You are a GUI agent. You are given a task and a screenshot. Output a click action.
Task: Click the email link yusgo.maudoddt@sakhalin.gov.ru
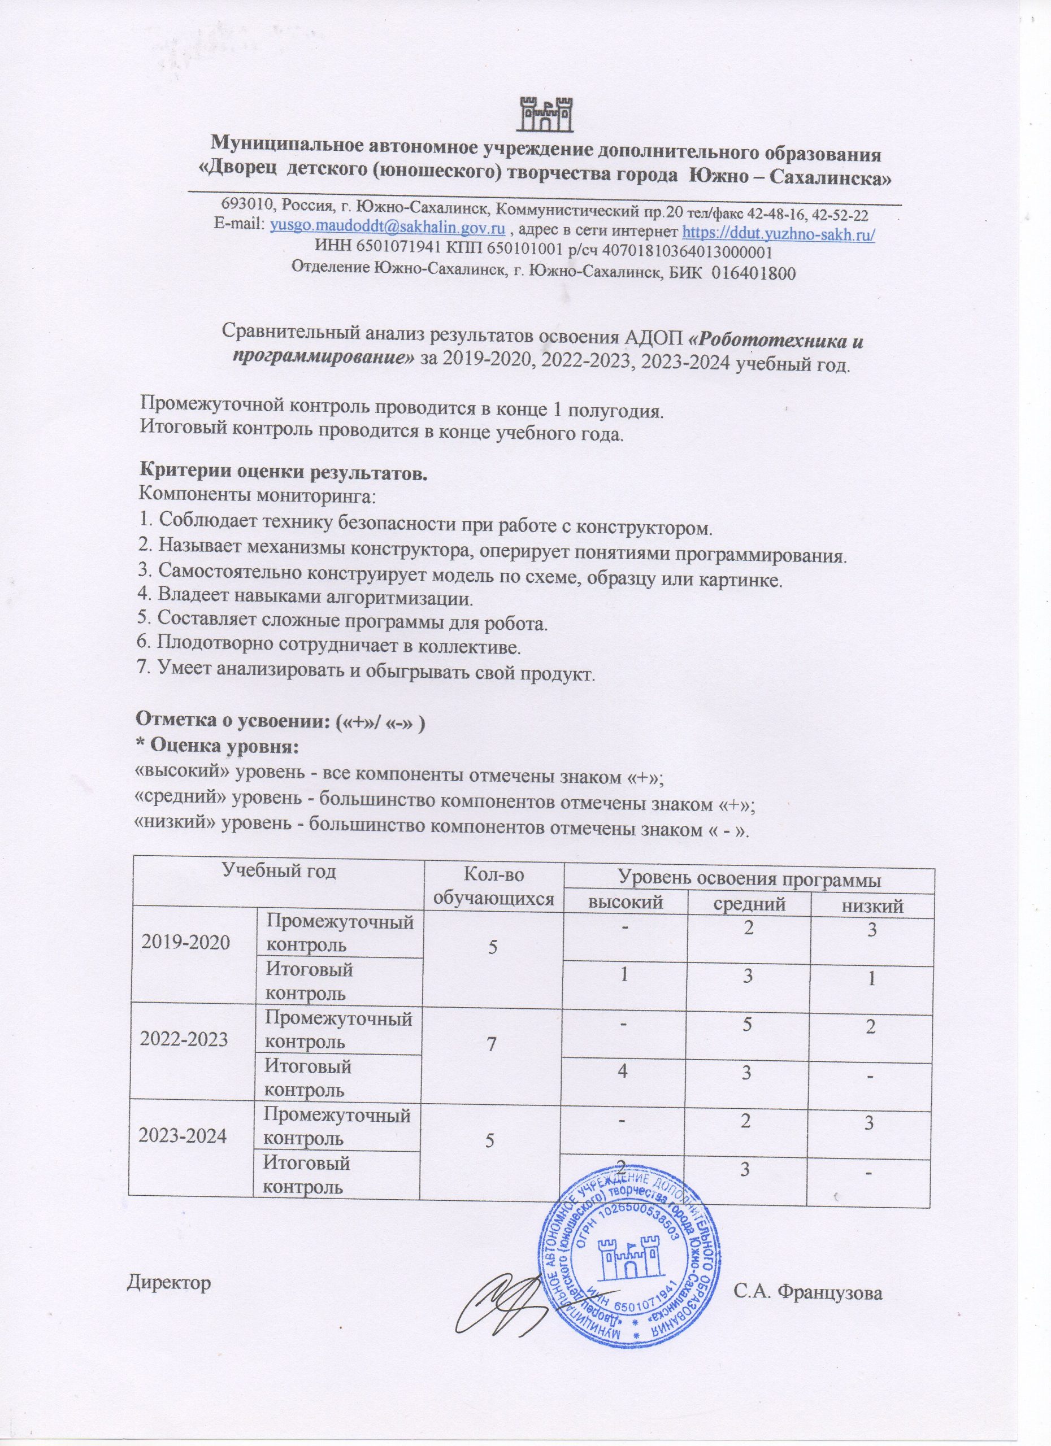click(388, 228)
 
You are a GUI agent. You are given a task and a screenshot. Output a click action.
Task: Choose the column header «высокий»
click(625, 905)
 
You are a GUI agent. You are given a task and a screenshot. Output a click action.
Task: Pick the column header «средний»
click(749, 905)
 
